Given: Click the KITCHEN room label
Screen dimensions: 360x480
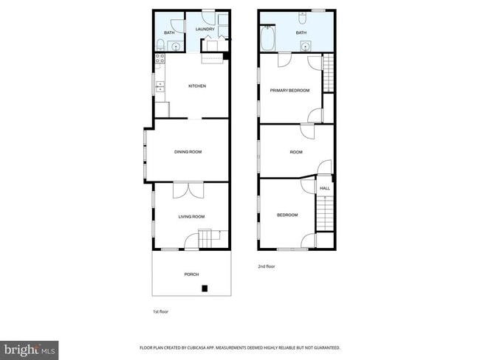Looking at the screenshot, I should [x=196, y=86].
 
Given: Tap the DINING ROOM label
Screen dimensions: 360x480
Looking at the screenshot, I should [x=188, y=152].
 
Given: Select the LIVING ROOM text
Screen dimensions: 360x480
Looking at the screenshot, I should [x=191, y=216].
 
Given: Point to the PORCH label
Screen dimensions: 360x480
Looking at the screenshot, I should [x=191, y=274].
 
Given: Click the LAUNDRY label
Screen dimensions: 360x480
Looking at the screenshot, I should [x=205, y=30].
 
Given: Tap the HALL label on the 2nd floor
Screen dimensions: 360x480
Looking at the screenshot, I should [x=325, y=189].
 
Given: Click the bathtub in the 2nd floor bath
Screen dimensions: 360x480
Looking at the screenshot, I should [x=267, y=38].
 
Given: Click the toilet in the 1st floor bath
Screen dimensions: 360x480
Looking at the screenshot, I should [x=160, y=47].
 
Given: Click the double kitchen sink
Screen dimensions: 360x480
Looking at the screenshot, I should [x=160, y=90].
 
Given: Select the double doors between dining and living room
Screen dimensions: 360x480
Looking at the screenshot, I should [x=188, y=190].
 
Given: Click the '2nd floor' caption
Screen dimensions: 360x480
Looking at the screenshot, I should [x=267, y=266].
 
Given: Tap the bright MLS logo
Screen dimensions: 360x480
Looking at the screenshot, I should [x=30, y=349].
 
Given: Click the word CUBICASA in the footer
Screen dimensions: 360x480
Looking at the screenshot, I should [x=219, y=347].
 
